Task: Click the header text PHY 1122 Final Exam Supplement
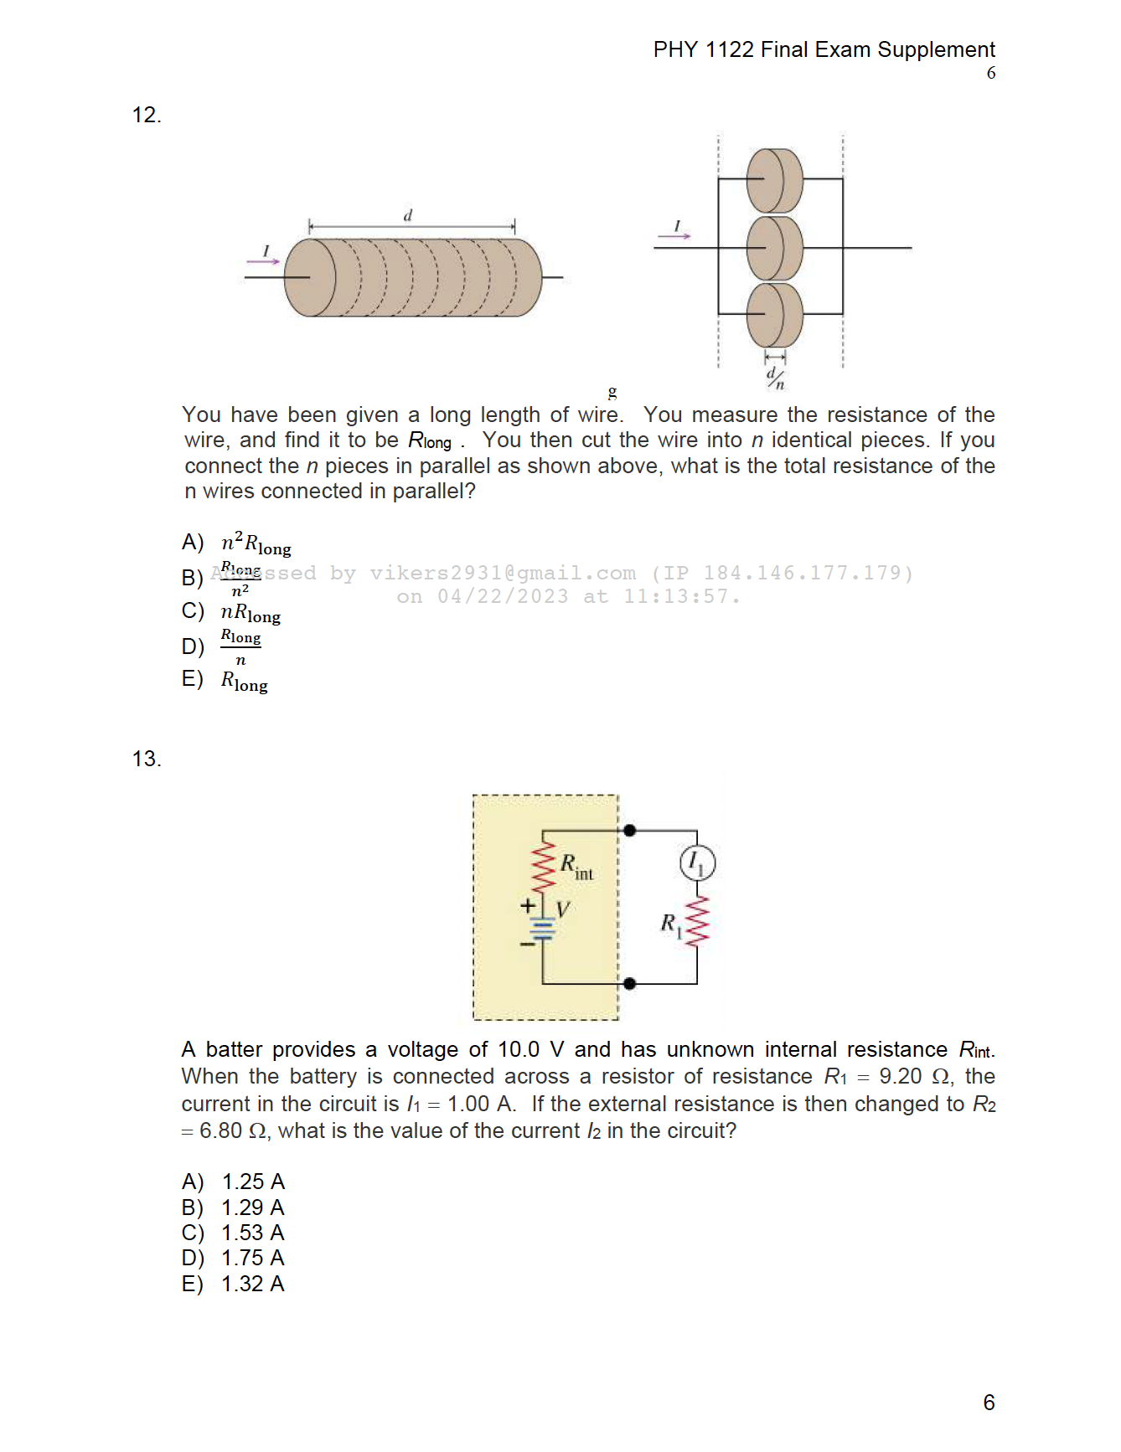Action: click(x=824, y=50)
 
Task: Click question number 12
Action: click(x=146, y=116)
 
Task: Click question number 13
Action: click(x=146, y=759)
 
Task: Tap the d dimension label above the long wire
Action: click(x=408, y=215)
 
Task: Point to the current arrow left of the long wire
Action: click(x=263, y=260)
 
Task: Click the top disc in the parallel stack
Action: click(x=774, y=180)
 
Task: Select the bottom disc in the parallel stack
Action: click(x=774, y=314)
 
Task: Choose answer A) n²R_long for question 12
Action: click(x=256, y=543)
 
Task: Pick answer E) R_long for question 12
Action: click(x=244, y=681)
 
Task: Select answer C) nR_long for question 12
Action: click(x=250, y=613)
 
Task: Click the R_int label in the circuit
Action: click(x=576, y=867)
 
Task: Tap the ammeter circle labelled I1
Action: click(x=697, y=862)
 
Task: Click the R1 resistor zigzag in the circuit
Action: click(x=697, y=921)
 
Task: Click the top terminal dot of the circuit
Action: click(x=630, y=831)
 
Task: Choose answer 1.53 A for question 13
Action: click(x=252, y=1233)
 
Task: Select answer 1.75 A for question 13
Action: click(x=252, y=1259)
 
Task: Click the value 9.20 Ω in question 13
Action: click(x=913, y=1077)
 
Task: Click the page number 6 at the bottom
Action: click(x=989, y=1403)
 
